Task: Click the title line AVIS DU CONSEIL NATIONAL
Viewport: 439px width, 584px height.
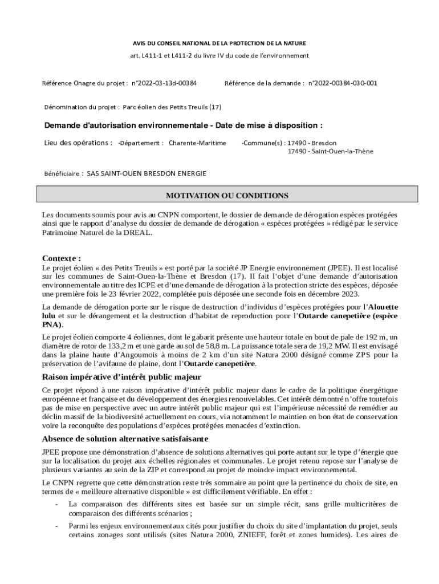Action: [219, 43]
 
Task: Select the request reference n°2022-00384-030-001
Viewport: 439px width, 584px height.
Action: [343, 83]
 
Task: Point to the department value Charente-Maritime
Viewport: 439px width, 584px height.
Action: [197, 143]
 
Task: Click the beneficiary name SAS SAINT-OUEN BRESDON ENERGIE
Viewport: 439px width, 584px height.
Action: [147, 173]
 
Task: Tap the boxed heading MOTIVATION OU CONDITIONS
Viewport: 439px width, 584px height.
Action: [227, 196]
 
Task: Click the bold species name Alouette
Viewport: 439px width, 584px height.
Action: [384, 307]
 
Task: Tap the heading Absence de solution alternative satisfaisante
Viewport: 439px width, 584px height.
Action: [125, 439]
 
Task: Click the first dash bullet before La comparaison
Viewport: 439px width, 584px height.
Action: [56, 504]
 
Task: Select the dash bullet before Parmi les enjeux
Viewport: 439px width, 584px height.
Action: [56, 526]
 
